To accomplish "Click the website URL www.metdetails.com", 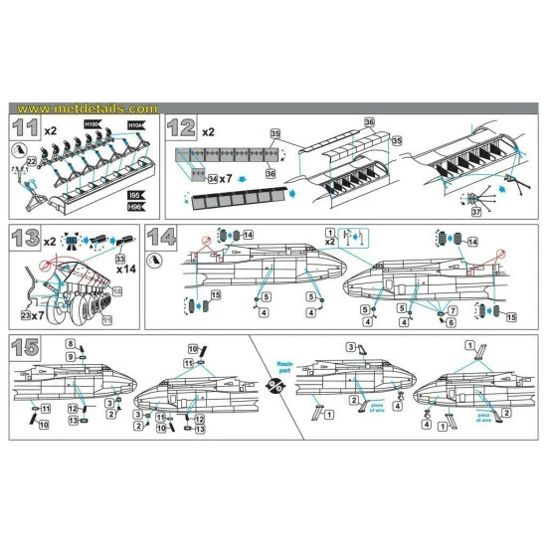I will pos(88,108).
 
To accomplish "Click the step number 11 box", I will pos(28,127).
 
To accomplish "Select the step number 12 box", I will pos(182,127).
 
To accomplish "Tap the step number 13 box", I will pos(28,238).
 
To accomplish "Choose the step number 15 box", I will pos(28,347).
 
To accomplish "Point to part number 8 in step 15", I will pos(70,343).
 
